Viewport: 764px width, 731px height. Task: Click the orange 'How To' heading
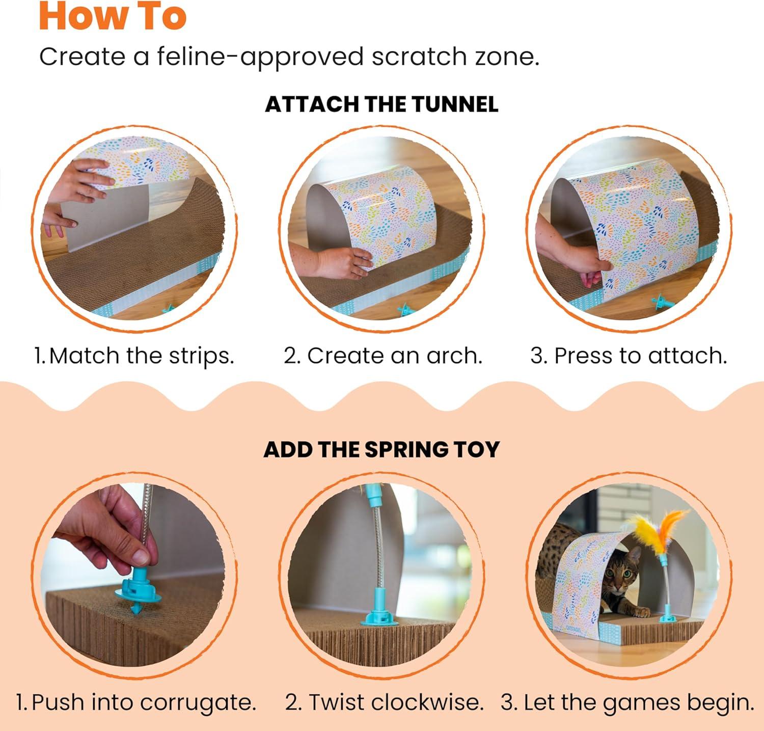point(113,16)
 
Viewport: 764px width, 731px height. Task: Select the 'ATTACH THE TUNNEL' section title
point(381,104)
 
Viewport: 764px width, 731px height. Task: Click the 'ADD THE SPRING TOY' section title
point(381,450)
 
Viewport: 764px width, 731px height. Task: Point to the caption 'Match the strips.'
point(134,356)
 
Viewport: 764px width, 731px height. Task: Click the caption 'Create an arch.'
point(383,356)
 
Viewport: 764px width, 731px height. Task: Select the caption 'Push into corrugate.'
point(136,702)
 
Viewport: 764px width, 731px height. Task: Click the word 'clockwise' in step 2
point(427,702)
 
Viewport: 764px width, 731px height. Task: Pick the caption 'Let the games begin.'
point(627,702)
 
